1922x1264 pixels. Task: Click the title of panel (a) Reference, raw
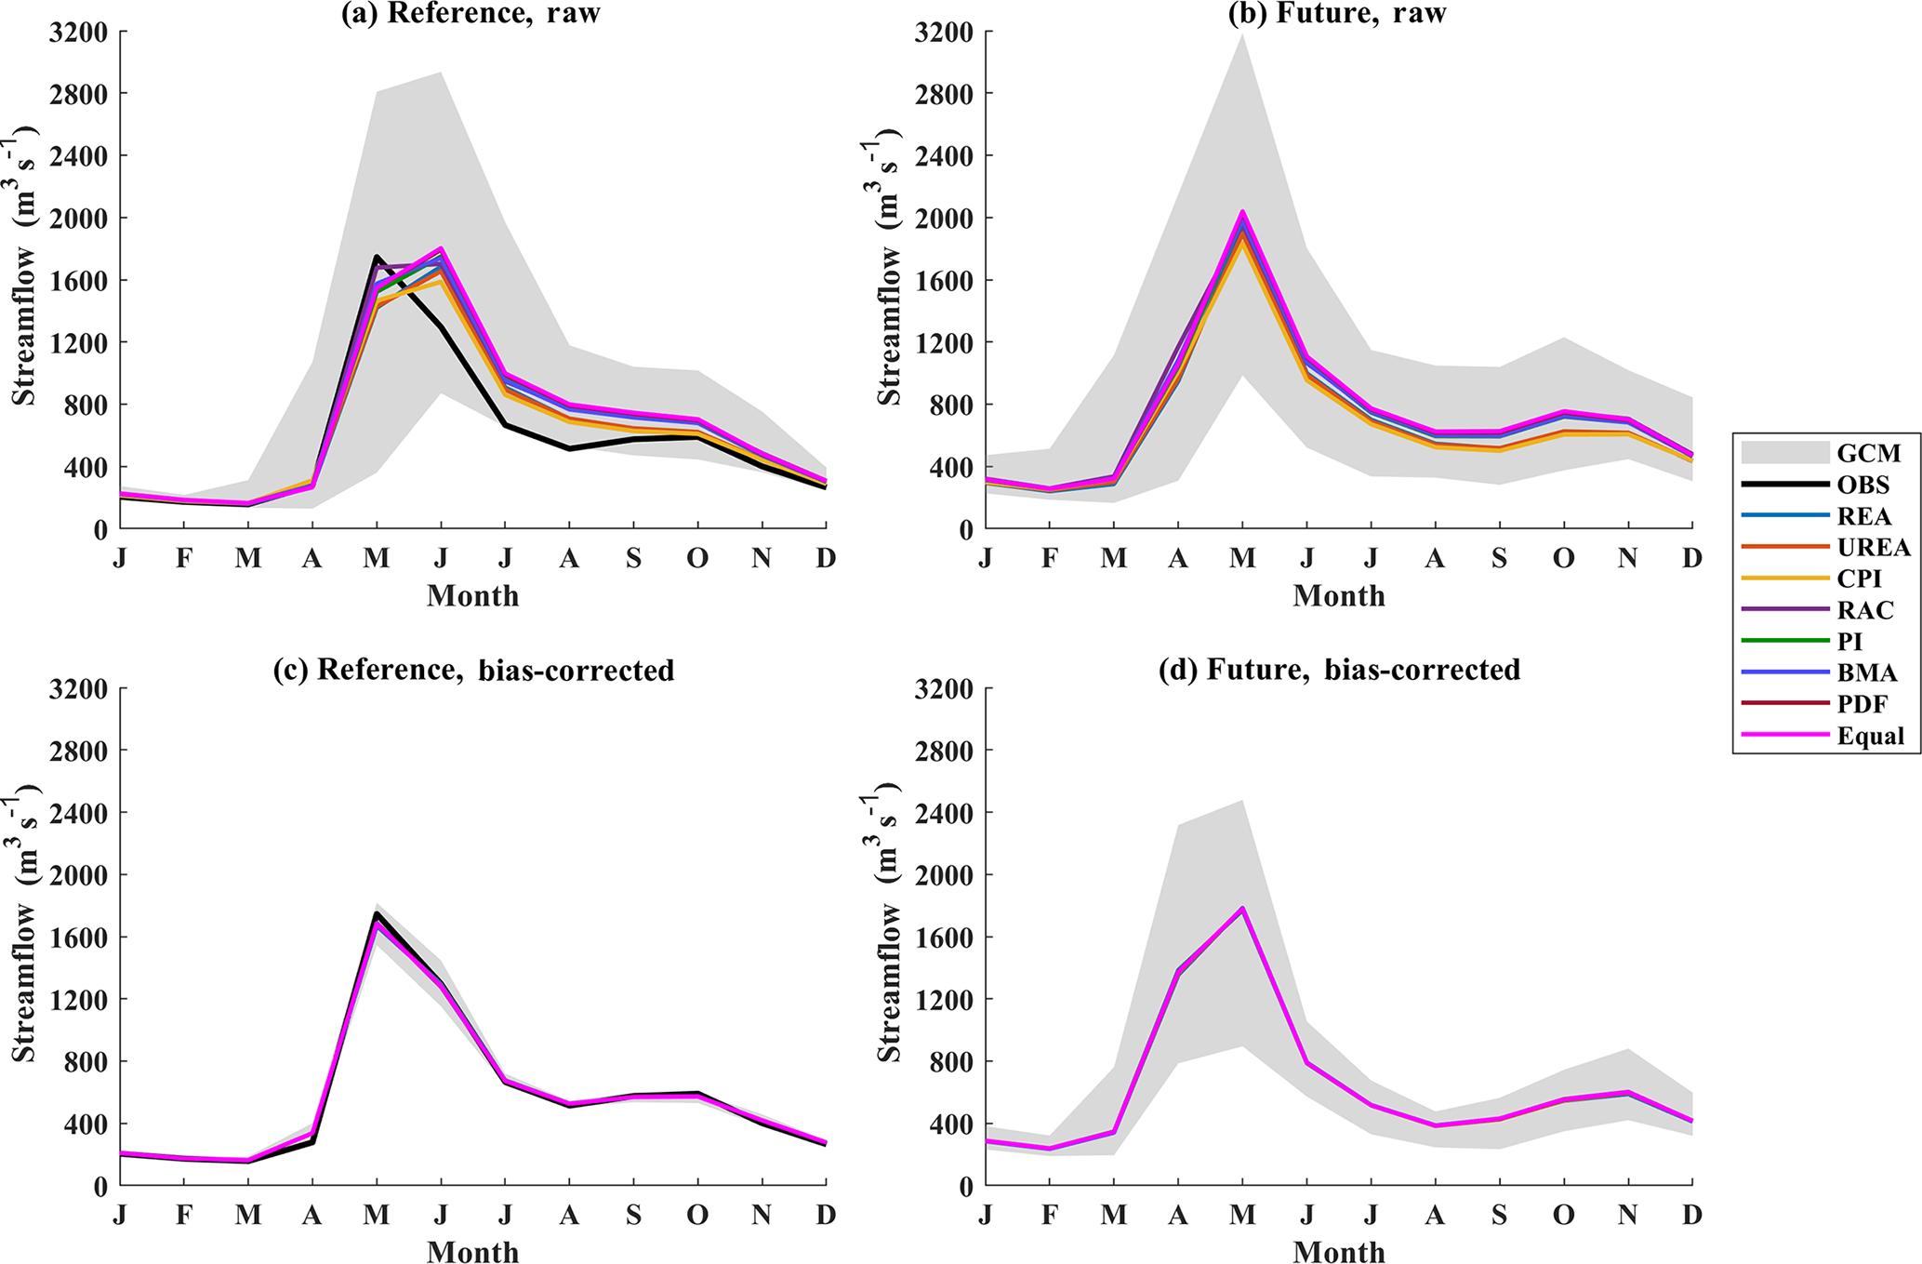[471, 14]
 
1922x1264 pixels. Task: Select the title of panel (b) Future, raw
[1337, 14]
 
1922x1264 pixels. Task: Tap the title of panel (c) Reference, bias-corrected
[473, 671]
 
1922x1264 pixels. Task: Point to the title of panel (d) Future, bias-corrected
[1339, 671]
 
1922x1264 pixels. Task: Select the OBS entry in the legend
[1863, 485]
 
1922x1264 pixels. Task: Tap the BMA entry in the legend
[1867, 672]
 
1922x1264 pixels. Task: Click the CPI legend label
[1859, 579]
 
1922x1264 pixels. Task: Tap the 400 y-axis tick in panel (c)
[85, 1124]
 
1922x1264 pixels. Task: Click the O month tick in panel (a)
[697, 558]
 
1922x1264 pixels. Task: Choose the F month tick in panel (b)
[1050, 558]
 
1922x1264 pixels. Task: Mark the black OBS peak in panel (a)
[376, 257]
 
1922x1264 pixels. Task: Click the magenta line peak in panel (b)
[1242, 212]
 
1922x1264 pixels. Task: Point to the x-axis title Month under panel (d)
[1338, 1251]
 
